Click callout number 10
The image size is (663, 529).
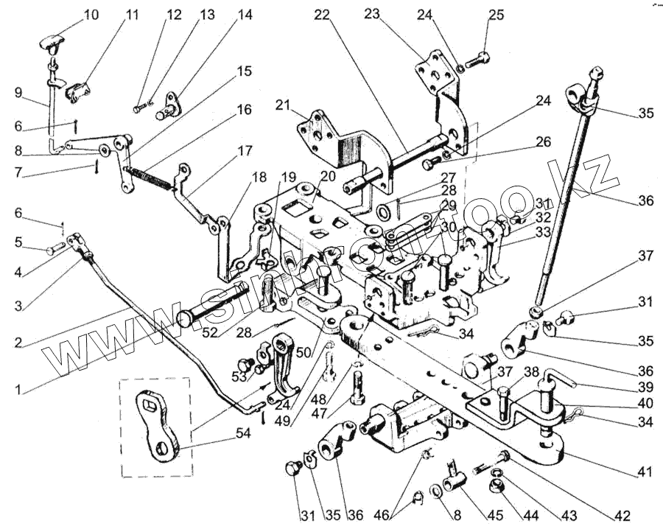point(91,15)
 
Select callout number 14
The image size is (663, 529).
point(244,15)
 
